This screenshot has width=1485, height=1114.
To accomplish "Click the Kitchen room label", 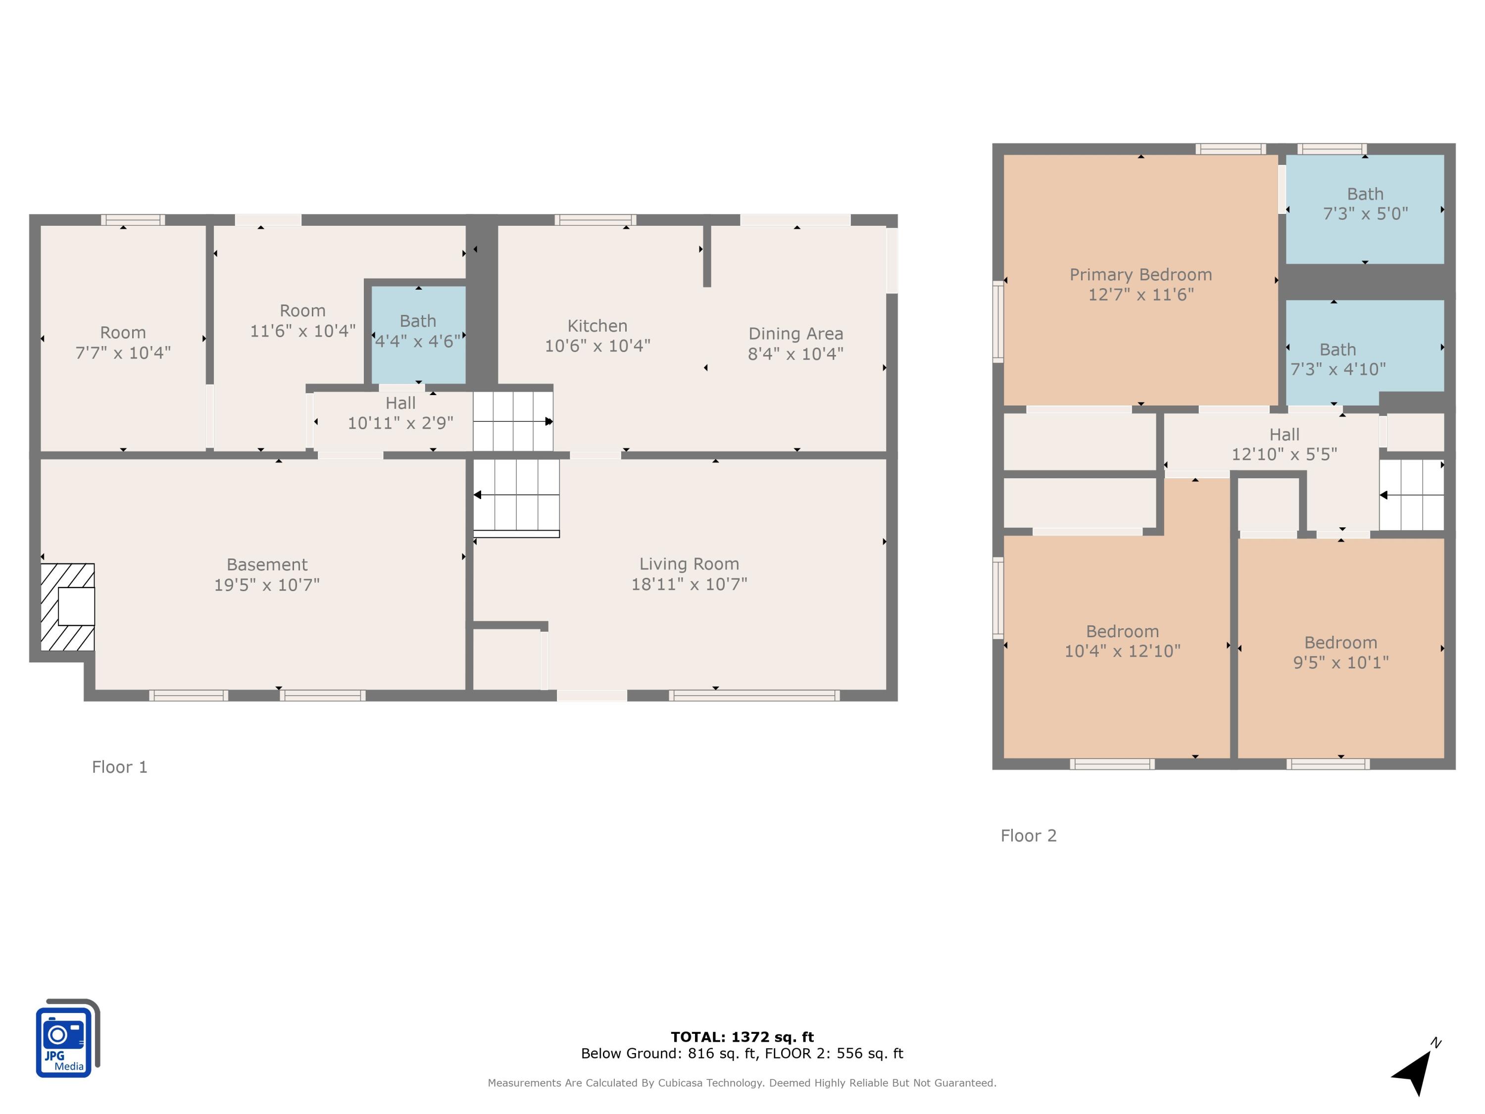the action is [597, 326].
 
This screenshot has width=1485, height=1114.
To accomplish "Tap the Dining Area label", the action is [795, 334].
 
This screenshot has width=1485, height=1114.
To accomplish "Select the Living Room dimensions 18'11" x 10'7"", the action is [689, 584].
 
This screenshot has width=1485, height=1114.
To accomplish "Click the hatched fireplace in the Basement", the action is [67, 607].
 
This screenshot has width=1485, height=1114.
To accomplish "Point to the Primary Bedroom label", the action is [1140, 275].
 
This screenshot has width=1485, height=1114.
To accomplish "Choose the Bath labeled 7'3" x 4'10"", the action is [1365, 353].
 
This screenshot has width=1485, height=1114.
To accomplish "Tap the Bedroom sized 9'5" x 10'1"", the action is [1340, 648].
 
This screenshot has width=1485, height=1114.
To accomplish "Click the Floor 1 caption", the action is [119, 767].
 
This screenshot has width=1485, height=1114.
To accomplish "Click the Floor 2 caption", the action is [1029, 835].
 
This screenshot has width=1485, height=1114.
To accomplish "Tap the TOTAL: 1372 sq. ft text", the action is [742, 1037].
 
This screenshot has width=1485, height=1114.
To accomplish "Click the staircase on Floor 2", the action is [1412, 495].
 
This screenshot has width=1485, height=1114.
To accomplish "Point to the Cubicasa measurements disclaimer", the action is [742, 1082].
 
